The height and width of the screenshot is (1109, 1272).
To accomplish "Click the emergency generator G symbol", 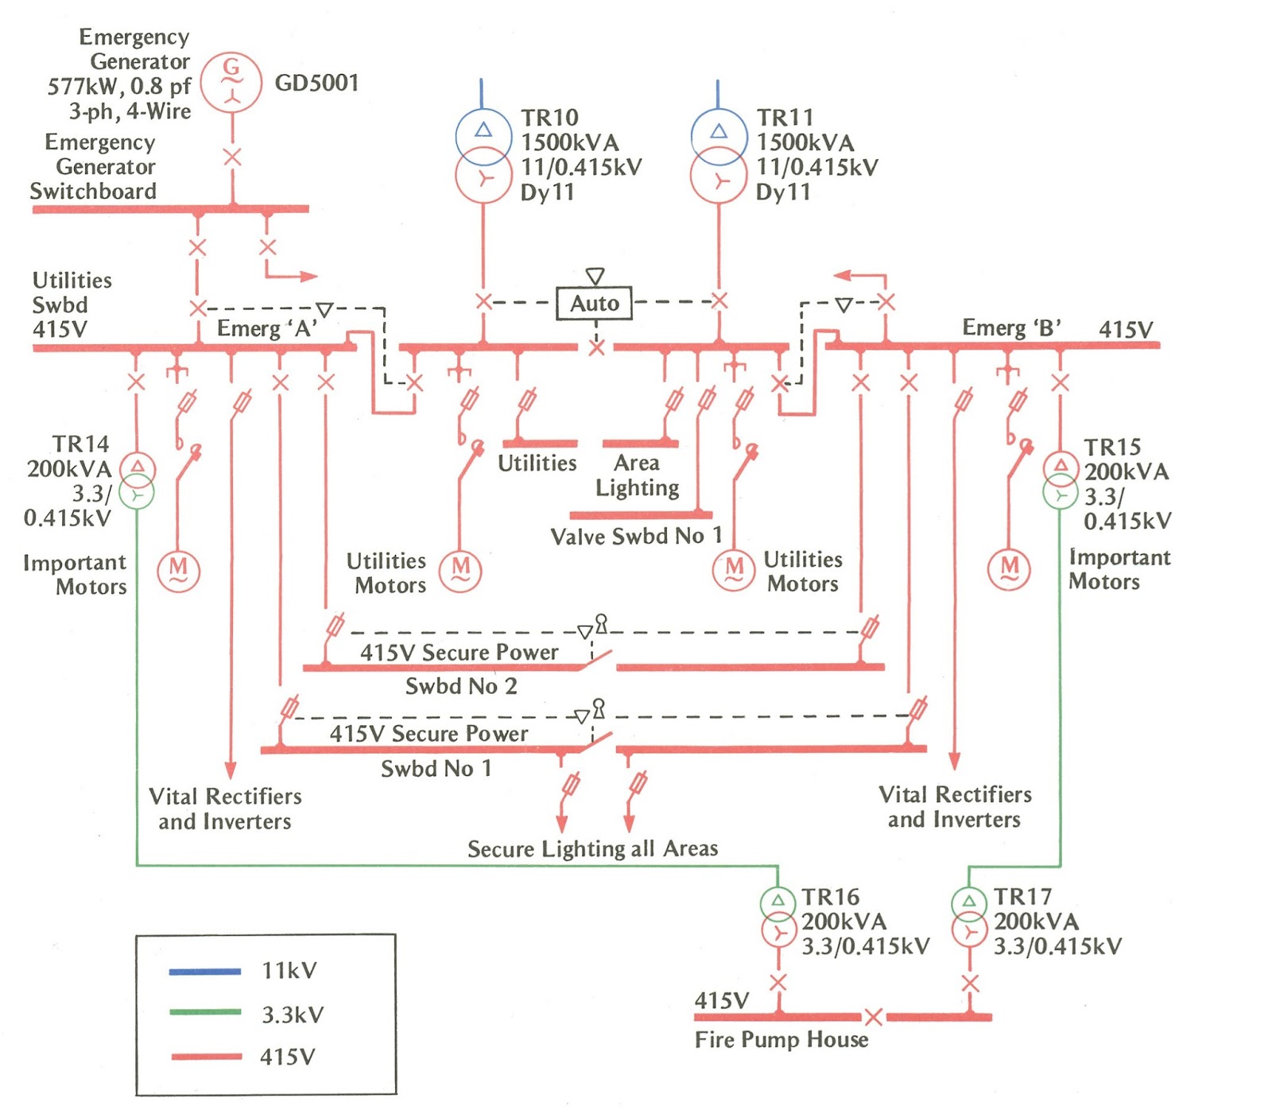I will pyautogui.click(x=231, y=81).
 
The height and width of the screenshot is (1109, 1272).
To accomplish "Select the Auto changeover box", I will pyautogui.click(x=594, y=303).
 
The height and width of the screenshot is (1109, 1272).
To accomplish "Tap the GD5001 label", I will pyautogui.click(x=316, y=83).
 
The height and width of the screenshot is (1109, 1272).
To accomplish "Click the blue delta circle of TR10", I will pyautogui.click(x=483, y=133).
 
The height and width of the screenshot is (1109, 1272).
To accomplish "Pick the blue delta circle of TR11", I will pyautogui.click(x=719, y=133).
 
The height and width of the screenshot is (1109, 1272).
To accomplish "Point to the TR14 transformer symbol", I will pyautogui.click(x=138, y=480).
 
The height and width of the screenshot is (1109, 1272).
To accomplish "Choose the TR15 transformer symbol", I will pyautogui.click(x=1060, y=480).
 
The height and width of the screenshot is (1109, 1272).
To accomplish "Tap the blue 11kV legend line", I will pyautogui.click(x=204, y=971).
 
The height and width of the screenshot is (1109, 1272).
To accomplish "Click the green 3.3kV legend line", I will pyautogui.click(x=204, y=1012).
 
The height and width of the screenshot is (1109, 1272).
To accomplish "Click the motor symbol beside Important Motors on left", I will pyautogui.click(x=178, y=570).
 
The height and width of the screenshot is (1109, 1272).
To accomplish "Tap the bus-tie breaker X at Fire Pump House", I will pyautogui.click(x=873, y=1017).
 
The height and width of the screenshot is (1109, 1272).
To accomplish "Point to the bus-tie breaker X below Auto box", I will pyautogui.click(x=596, y=347).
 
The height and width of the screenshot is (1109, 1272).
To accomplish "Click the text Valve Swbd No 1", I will pyautogui.click(x=636, y=537).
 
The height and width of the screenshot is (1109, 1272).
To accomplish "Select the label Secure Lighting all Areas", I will pyautogui.click(x=592, y=849).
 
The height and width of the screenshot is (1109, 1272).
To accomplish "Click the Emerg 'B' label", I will pyautogui.click(x=1011, y=328).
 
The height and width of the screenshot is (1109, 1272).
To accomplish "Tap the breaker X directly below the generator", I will pyautogui.click(x=232, y=157).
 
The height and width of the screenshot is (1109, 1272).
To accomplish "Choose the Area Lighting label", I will pyautogui.click(x=637, y=475).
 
